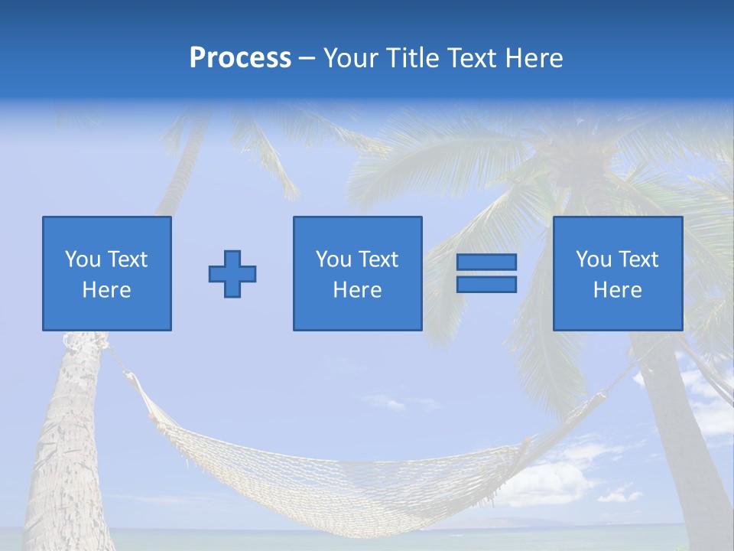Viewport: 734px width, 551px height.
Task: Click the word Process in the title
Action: tap(240, 58)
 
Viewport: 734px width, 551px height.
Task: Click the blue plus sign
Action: tap(232, 274)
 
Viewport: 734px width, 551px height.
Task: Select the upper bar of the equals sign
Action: tap(486, 262)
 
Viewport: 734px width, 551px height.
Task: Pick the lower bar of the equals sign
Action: tap(486, 285)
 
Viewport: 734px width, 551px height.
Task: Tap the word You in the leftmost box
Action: tap(83, 259)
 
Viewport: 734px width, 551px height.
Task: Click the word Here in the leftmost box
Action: tap(107, 290)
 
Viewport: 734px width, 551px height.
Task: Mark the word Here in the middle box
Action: tap(358, 290)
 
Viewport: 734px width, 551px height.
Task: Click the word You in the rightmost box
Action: tap(593, 259)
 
